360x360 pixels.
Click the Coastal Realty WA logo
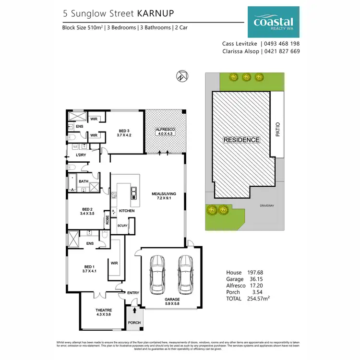(273, 22)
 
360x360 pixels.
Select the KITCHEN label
(127, 211)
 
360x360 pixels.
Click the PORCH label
(134, 323)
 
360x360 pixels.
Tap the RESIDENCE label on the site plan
(241, 140)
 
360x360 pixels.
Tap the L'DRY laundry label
(80, 156)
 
